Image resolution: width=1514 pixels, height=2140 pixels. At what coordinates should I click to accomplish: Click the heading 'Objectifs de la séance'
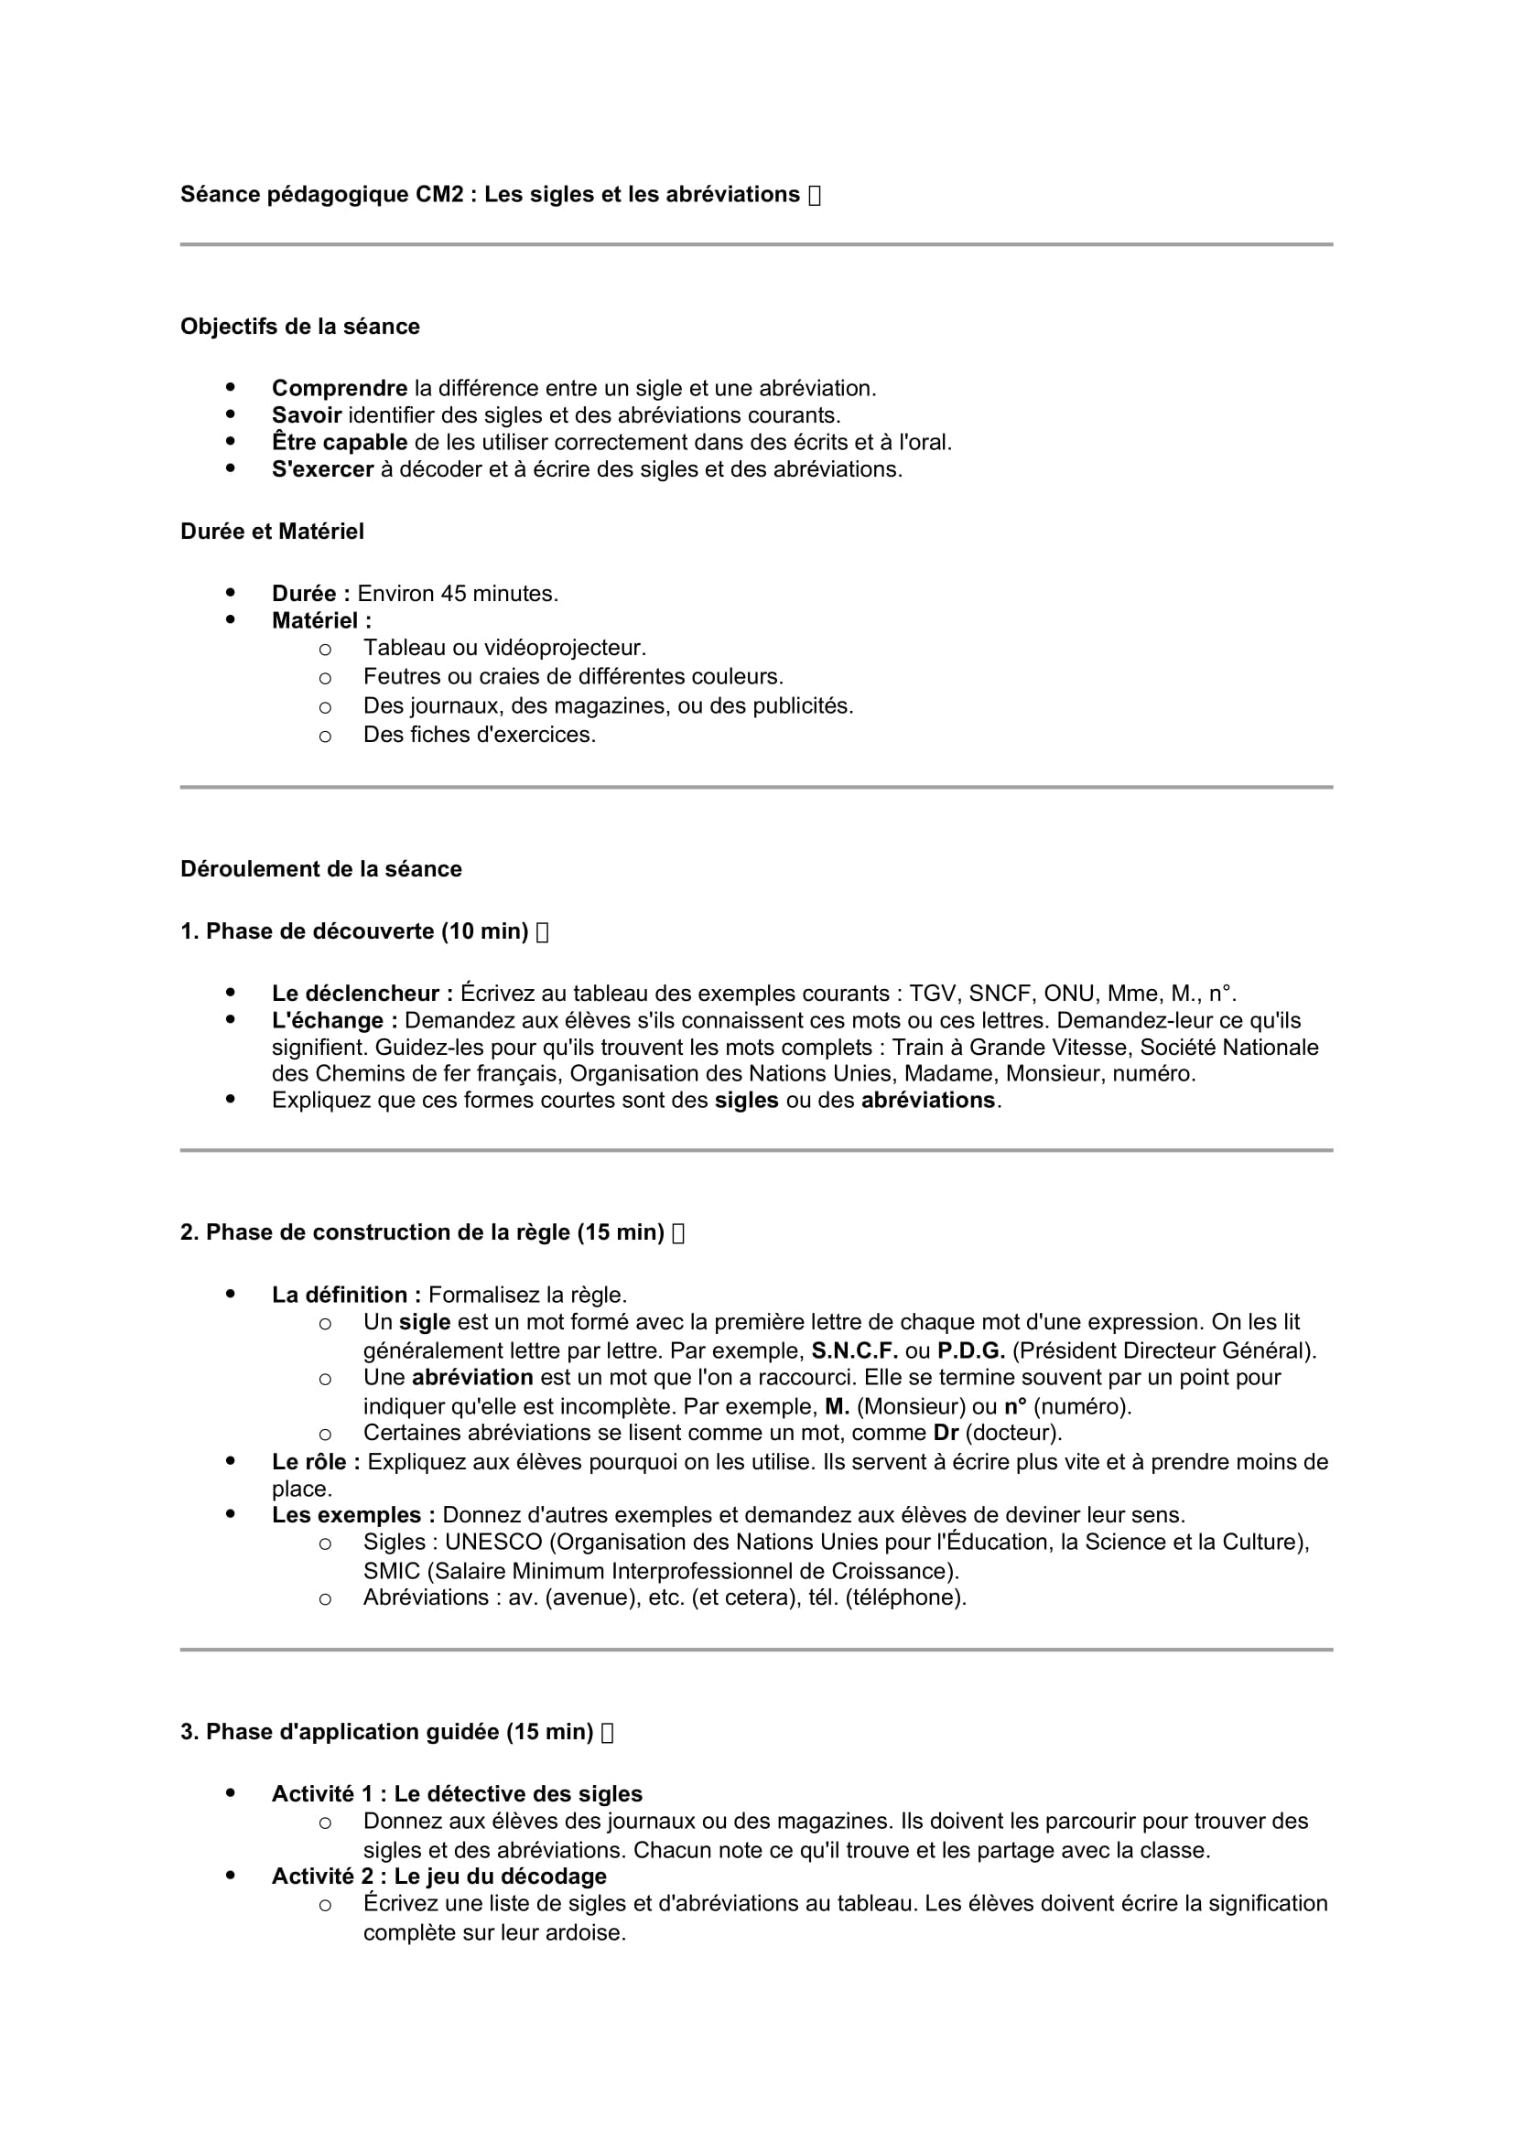click(x=299, y=327)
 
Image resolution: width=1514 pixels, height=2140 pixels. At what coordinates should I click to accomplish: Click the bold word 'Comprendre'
click(x=340, y=388)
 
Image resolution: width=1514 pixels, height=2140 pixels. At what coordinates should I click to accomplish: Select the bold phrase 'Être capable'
click(x=340, y=442)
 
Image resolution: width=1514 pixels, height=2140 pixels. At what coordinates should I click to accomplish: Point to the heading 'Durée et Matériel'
click(x=271, y=532)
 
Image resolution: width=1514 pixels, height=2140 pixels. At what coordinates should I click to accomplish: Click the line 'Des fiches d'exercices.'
click(x=479, y=735)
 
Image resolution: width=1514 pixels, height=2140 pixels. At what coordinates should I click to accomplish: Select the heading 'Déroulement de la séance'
click(x=320, y=868)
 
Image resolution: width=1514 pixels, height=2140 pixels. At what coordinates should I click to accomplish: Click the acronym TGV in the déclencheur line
click(x=932, y=994)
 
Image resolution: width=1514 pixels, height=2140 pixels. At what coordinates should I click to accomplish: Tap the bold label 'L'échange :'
click(x=335, y=1021)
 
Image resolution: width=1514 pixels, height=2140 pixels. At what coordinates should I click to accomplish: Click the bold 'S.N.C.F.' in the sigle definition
click(x=854, y=1350)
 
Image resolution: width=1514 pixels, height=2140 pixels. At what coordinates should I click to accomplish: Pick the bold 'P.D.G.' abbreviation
click(x=970, y=1350)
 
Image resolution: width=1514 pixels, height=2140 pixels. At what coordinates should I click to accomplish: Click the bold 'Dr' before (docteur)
click(x=946, y=1433)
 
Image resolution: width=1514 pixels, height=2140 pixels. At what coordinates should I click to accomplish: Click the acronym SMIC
click(x=392, y=1572)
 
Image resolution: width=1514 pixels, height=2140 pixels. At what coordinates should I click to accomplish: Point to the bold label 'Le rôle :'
click(x=315, y=1461)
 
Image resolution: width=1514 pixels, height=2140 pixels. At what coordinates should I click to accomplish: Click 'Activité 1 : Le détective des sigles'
click(x=457, y=1794)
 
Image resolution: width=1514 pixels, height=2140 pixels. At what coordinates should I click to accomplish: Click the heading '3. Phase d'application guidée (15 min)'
click(x=386, y=1732)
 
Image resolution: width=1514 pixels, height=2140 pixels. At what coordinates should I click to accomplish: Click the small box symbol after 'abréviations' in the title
click(x=815, y=195)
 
